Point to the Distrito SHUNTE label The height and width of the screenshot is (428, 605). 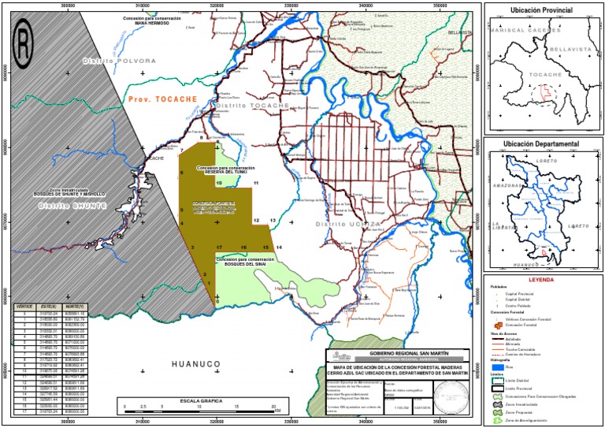click(x=72, y=206)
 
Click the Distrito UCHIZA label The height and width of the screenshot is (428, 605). click(x=340, y=224)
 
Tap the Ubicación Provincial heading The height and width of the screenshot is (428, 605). click(x=541, y=10)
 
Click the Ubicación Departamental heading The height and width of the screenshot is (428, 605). click(x=541, y=145)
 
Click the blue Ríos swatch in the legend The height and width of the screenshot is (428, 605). click(x=497, y=367)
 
